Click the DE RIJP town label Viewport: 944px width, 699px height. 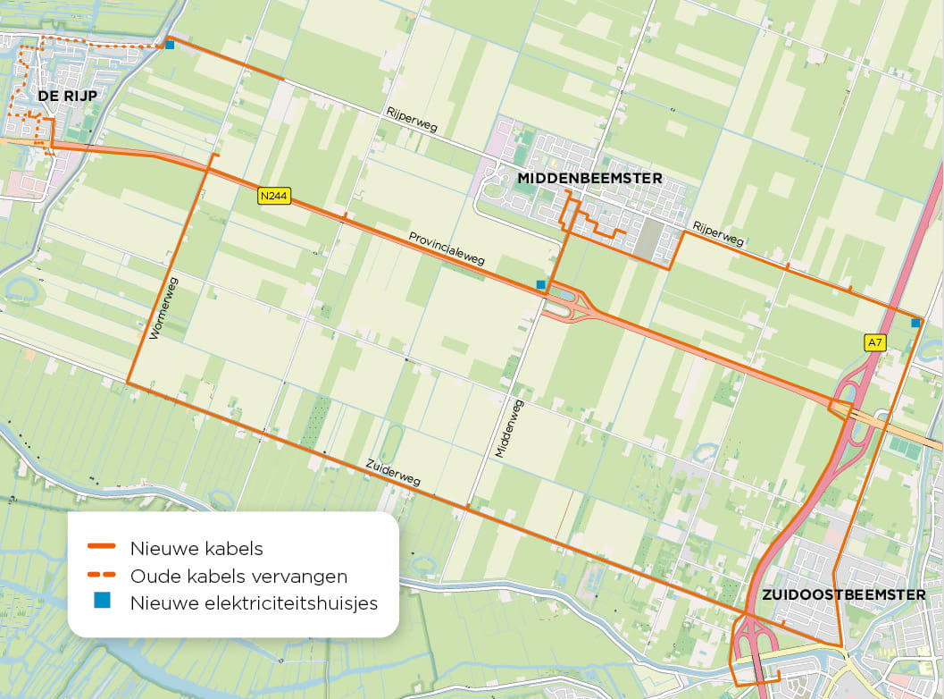coord(66,96)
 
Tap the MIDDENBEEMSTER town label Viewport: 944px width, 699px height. coord(589,179)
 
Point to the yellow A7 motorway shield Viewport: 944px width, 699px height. coord(874,341)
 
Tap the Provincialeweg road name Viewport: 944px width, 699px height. coord(447,249)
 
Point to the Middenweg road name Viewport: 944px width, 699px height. coord(510,429)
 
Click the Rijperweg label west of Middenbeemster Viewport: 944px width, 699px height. coord(412,121)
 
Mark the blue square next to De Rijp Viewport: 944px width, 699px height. coord(169,45)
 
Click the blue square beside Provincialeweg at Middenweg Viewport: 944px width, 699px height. coord(540,285)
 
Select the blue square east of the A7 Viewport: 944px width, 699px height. coord(915,323)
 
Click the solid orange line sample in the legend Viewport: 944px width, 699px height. coord(101,546)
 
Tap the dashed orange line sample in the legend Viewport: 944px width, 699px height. coord(101,575)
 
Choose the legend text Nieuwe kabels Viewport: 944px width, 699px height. coord(196,547)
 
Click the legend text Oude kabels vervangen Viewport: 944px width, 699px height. coord(238,575)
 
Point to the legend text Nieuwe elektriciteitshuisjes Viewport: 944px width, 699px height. coord(254,603)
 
